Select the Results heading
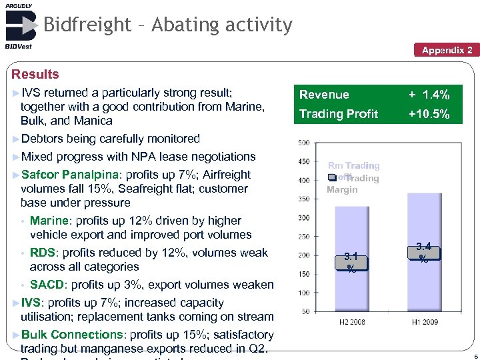click(35, 74)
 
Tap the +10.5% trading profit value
click(429, 115)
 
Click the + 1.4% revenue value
click(429, 95)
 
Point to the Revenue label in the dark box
click(324, 95)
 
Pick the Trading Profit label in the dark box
click(339, 115)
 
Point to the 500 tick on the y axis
click(303, 143)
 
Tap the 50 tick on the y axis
click(305, 311)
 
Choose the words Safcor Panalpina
click(69, 175)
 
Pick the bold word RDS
click(43, 253)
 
